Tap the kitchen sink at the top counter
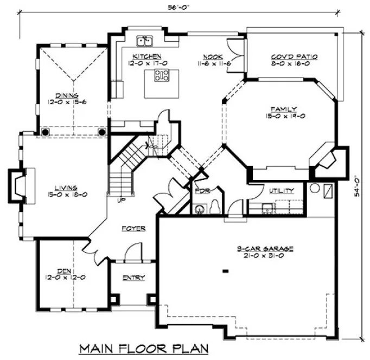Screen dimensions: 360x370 point(145,40)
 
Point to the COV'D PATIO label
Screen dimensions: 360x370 point(294,56)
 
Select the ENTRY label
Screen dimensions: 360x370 point(133,278)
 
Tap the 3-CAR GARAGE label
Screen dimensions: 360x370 point(265,249)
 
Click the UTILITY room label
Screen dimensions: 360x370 point(282,191)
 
